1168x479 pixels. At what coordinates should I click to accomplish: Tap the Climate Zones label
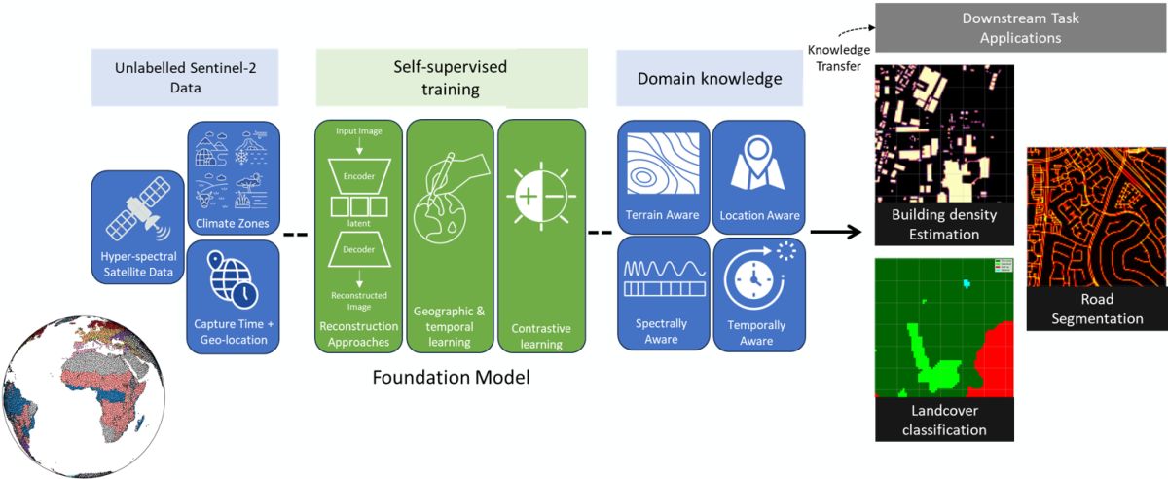click(233, 223)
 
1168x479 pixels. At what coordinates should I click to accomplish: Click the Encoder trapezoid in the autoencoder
click(358, 177)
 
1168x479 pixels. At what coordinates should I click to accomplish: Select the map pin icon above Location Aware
click(758, 165)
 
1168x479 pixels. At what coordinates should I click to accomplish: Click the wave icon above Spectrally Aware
click(664, 276)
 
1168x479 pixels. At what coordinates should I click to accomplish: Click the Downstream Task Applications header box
click(1020, 28)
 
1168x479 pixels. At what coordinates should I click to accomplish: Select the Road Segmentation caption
click(1096, 309)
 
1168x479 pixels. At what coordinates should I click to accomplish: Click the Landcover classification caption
click(944, 421)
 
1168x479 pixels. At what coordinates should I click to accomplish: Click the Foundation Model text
click(451, 376)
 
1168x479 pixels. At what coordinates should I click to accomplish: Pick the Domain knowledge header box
click(709, 79)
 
